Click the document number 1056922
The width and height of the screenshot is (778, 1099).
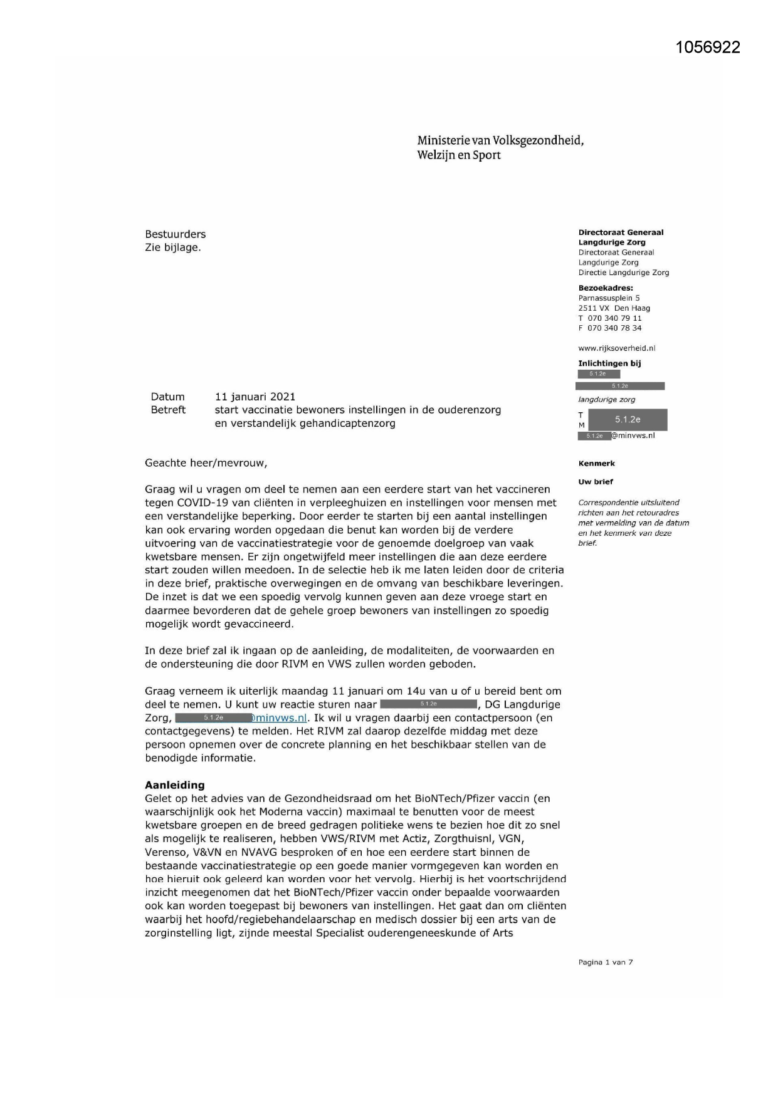pyautogui.click(x=708, y=47)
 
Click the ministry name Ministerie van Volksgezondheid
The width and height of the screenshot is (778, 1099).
pyautogui.click(x=500, y=140)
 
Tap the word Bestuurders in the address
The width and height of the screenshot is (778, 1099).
pyautogui.click(x=175, y=234)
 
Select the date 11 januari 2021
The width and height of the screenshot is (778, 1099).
pyautogui.click(x=255, y=397)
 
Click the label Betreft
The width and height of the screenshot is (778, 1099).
pyautogui.click(x=167, y=410)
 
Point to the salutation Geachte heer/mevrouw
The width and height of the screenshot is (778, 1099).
pyautogui.click(x=206, y=463)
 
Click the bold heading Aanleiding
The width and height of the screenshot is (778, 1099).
pyautogui.click(x=174, y=785)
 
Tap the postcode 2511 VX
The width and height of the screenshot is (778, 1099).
pyautogui.click(x=593, y=308)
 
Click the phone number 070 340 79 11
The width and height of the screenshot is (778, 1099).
pyautogui.click(x=614, y=318)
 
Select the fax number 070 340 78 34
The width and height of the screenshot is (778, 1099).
pyautogui.click(x=614, y=328)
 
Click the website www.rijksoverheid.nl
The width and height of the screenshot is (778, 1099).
pyautogui.click(x=616, y=348)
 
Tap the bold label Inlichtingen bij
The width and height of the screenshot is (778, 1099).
pyautogui.click(x=609, y=363)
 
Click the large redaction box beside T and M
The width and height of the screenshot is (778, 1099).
pyautogui.click(x=627, y=420)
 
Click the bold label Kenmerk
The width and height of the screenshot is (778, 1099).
pyautogui.click(x=596, y=464)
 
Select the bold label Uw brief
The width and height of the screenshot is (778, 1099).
pyautogui.click(x=595, y=482)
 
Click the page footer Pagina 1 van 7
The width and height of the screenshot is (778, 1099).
pyautogui.click(x=605, y=962)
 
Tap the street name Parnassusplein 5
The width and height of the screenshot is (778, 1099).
pyautogui.click(x=609, y=298)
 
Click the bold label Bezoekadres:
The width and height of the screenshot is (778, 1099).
pyautogui.click(x=605, y=288)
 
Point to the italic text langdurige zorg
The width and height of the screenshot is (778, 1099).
pyautogui.click(x=606, y=400)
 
